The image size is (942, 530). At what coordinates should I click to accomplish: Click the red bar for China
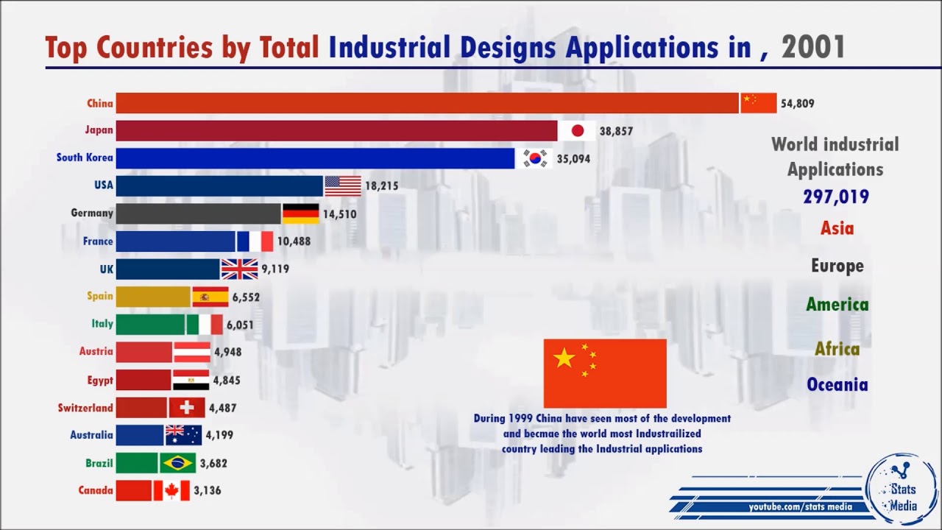[427, 103]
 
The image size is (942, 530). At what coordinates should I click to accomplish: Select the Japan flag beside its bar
[577, 131]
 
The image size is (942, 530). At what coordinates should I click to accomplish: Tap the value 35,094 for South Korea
[573, 158]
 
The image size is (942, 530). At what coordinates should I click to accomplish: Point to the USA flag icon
[343, 185]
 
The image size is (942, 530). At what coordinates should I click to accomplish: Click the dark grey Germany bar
[199, 213]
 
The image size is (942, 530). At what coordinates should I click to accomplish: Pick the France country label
[98, 241]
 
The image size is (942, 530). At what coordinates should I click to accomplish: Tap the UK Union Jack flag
[240, 269]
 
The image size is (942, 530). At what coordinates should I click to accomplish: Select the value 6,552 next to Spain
[245, 297]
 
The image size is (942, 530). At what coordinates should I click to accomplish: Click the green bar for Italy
[150, 325]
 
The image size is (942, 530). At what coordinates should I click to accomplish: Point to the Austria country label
[96, 352]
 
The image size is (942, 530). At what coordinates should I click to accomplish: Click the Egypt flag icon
[191, 380]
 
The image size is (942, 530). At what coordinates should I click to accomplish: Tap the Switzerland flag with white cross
[187, 408]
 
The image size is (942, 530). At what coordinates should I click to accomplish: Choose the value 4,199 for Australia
[219, 435]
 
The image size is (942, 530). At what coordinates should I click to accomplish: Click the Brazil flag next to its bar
[177, 463]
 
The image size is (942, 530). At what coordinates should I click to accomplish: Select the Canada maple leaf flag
[171, 490]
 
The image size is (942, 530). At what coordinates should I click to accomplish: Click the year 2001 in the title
[813, 48]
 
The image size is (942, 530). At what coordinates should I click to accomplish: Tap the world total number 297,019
[836, 197]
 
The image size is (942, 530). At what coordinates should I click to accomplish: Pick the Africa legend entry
[837, 349]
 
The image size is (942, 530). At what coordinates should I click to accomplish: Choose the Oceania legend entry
[837, 385]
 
